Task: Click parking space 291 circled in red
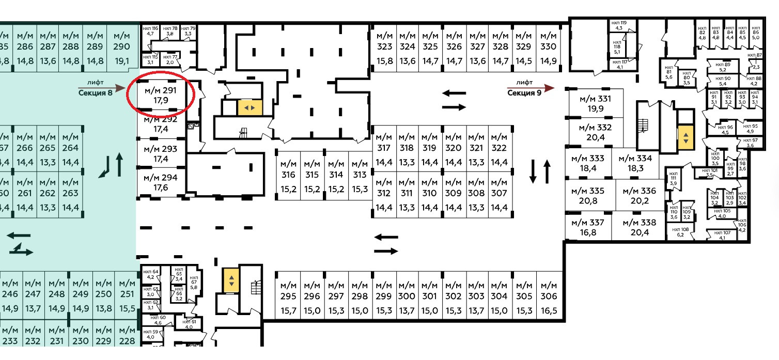point(161,96)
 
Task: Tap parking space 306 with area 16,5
point(549,298)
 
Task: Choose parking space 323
point(384,47)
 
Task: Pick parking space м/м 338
point(639,227)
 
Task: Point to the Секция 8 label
point(96,93)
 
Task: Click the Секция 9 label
point(524,93)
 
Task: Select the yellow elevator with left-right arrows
point(250,107)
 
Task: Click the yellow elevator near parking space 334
point(685,138)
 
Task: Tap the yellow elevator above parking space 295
point(231,280)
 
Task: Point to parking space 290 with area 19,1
point(122,47)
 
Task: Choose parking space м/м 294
point(161,183)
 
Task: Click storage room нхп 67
point(194,283)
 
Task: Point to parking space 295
point(288,298)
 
